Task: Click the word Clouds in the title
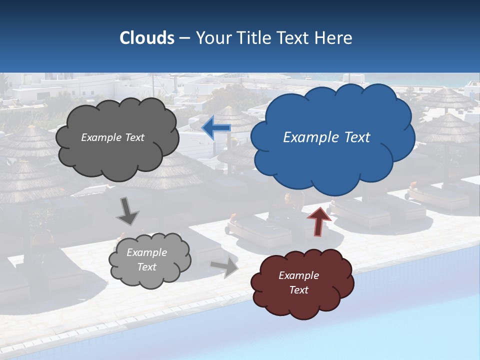point(146,38)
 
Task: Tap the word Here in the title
point(334,38)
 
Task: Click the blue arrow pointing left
point(216,127)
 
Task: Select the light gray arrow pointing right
point(225,267)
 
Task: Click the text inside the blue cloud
point(326,137)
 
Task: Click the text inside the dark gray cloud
point(112,137)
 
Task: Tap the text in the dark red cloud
point(298,282)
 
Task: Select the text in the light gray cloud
point(146,259)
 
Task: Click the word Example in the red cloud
point(298,275)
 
